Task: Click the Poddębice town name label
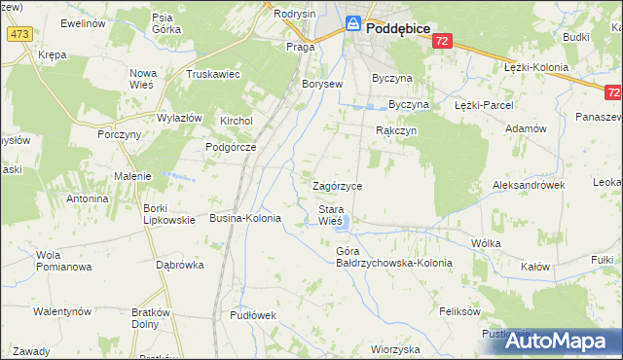coord(399,29)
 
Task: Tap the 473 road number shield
coord(18,34)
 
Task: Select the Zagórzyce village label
coord(337,185)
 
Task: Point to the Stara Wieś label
coord(330,215)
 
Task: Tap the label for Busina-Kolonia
coord(245,219)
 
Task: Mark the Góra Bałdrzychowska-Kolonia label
coord(381,257)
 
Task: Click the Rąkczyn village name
coord(396,130)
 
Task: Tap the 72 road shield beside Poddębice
coord(443,41)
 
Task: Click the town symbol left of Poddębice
coord(354,25)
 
